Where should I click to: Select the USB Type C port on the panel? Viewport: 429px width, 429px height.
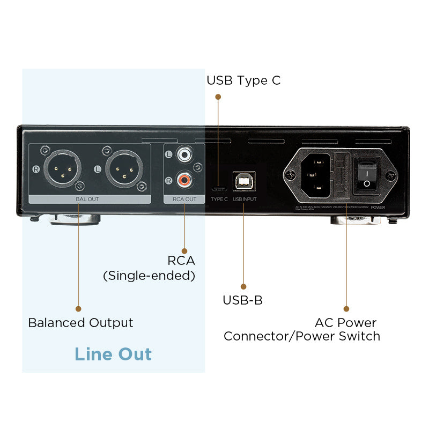(x=219, y=189)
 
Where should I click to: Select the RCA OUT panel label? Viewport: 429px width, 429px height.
(x=184, y=199)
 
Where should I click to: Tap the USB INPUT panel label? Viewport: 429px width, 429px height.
(x=245, y=199)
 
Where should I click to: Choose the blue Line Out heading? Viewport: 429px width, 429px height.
(x=113, y=354)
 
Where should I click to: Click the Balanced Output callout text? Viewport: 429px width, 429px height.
(x=80, y=323)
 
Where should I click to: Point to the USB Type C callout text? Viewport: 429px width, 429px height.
(x=243, y=80)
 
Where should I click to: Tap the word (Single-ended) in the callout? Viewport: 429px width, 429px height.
(x=149, y=276)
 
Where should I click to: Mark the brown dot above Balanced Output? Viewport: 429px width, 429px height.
(x=78, y=309)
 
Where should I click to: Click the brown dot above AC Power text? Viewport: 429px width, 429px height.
(x=346, y=309)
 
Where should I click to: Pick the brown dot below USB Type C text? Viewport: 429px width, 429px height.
(x=218, y=97)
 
